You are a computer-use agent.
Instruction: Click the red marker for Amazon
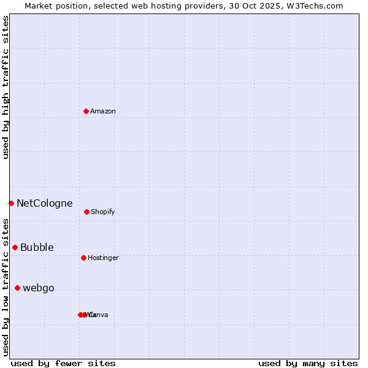86,111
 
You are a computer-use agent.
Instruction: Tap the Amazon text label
103,112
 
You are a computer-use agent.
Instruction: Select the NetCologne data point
11,203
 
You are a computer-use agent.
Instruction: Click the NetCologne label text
45,204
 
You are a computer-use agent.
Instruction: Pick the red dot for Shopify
86,212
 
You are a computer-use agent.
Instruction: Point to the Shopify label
103,212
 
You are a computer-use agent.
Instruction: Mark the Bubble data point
15,247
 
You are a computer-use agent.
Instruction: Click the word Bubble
37,248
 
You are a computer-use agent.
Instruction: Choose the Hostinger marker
83,258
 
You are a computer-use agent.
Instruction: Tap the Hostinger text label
103,258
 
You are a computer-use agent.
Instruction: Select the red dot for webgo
17,288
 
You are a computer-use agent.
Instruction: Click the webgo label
39,288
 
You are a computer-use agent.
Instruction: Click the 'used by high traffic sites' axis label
6,87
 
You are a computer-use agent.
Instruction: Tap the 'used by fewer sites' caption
63,363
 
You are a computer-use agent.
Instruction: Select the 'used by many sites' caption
308,363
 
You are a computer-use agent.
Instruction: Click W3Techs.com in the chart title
316,6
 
